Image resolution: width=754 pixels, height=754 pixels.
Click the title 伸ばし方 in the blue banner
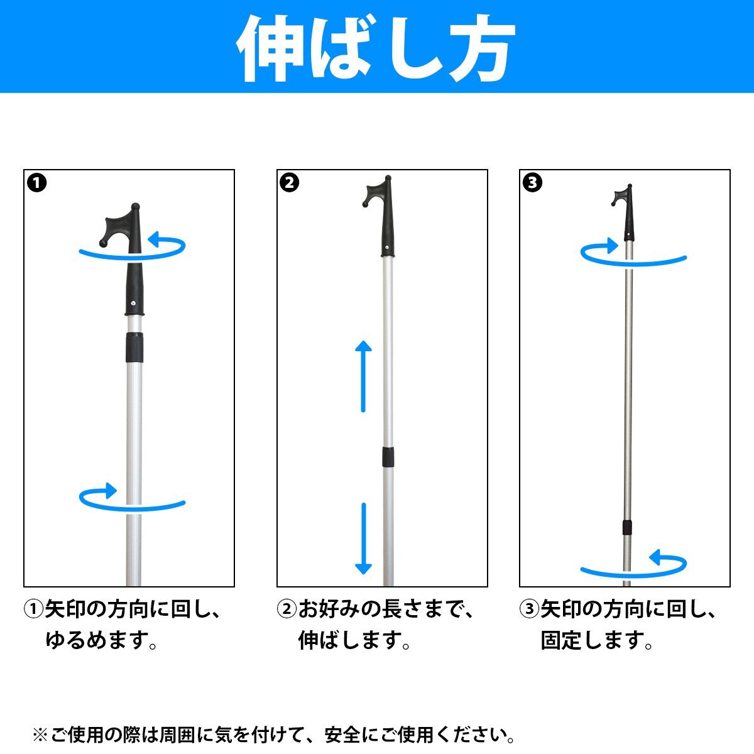click(376, 48)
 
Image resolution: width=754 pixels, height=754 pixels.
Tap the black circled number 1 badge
click(37, 183)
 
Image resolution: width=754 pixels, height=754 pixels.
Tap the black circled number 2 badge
click(290, 183)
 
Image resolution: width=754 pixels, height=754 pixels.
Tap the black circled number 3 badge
click(532, 183)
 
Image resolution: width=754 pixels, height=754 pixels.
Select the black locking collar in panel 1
click(134, 347)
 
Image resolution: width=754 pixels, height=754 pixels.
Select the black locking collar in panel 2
click(388, 457)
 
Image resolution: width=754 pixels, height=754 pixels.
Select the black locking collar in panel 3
click(627, 527)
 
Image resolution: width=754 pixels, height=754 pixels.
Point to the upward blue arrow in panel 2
click(363, 376)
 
